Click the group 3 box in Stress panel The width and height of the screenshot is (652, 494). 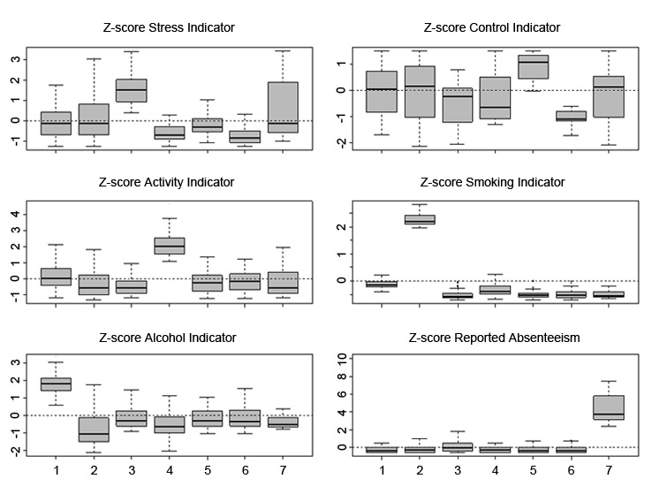[x=131, y=90]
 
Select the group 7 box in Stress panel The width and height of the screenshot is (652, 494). [x=284, y=107]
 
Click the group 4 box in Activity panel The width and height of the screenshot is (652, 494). [x=170, y=246]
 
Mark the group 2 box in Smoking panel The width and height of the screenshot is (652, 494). [x=419, y=219]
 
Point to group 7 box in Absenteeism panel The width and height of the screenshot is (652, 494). [x=609, y=408]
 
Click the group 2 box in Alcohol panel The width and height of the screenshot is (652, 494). [x=93, y=429]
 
